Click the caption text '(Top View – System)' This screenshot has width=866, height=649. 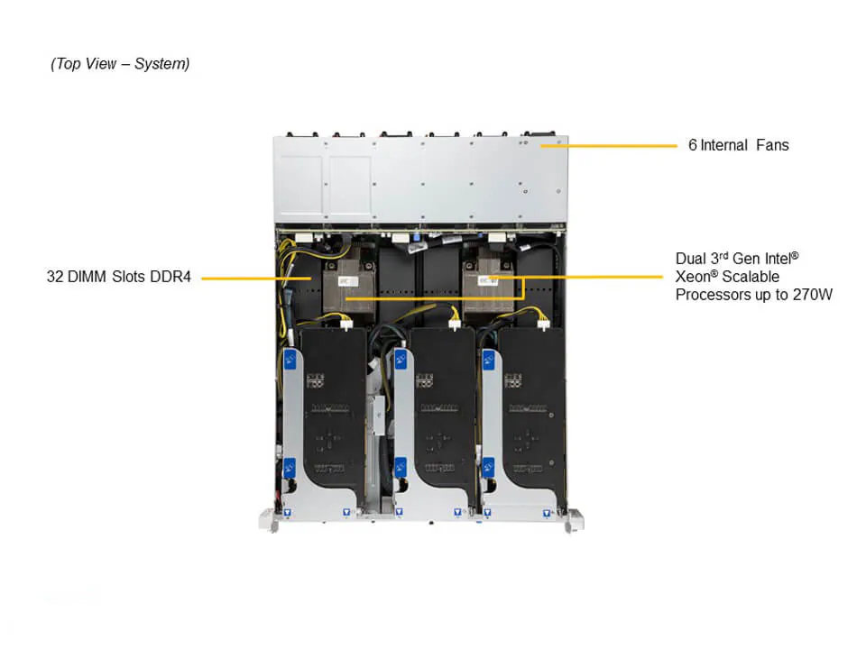[120, 64]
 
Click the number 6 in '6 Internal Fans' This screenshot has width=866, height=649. [692, 145]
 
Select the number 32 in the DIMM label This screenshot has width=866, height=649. [55, 277]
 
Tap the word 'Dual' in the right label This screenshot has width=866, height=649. [691, 259]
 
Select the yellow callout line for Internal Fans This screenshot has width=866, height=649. [622, 145]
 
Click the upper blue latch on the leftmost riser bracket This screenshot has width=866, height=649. [291, 361]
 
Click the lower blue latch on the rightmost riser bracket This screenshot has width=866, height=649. [488, 469]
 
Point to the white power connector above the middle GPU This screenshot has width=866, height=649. [455, 315]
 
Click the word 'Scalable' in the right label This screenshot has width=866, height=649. [751, 277]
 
